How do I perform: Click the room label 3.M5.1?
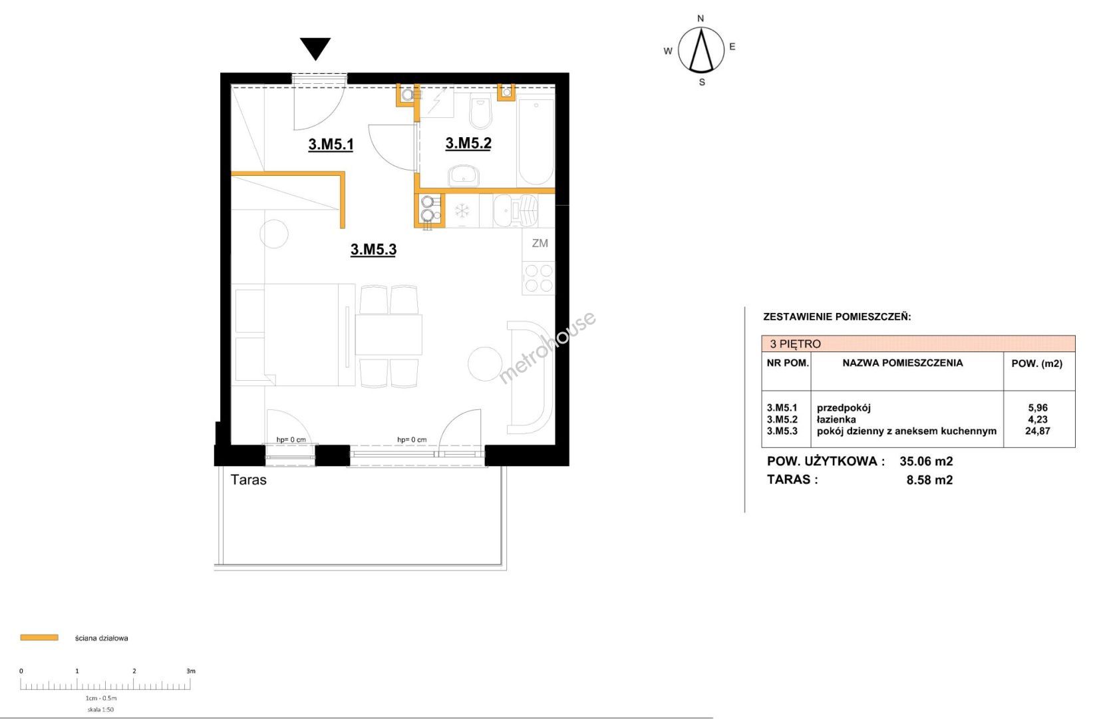[x=331, y=144]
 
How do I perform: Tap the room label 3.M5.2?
[x=468, y=143]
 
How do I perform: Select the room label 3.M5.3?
[x=374, y=250]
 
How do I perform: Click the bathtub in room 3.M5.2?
[x=536, y=142]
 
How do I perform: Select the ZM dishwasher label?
[x=540, y=243]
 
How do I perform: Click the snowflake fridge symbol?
[x=462, y=211]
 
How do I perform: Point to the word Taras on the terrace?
[x=249, y=480]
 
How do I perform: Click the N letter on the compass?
[x=701, y=19]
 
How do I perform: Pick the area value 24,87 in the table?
[x=1038, y=431]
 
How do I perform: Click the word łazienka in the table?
[x=836, y=419]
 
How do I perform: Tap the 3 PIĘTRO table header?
[x=795, y=344]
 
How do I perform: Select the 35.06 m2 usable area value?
[x=926, y=461]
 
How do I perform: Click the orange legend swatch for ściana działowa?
[x=39, y=638]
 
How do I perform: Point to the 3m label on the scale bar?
[x=191, y=671]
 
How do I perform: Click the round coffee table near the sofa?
[x=485, y=364]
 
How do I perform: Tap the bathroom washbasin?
[x=463, y=176]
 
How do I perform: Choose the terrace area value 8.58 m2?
[x=929, y=480]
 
